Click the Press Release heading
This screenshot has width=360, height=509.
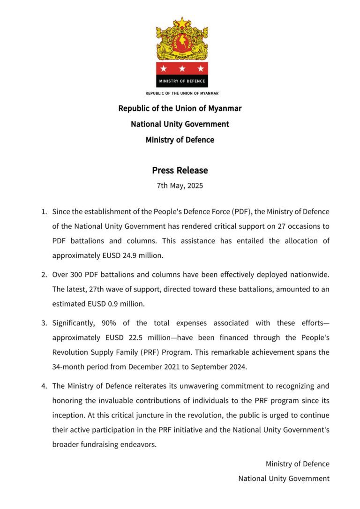tap(180, 170)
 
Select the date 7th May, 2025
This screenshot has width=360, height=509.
tap(180, 186)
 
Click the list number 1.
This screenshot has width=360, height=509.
tap(44, 212)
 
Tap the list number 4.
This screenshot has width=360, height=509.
tap(44, 386)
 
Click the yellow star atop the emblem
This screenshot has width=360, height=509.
tap(182, 22)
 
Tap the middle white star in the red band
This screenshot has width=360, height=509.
tap(182, 69)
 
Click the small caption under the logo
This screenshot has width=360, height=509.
tap(182, 93)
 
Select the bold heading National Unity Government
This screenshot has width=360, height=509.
tap(180, 124)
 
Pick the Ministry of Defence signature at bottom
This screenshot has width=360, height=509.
tap(297, 464)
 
